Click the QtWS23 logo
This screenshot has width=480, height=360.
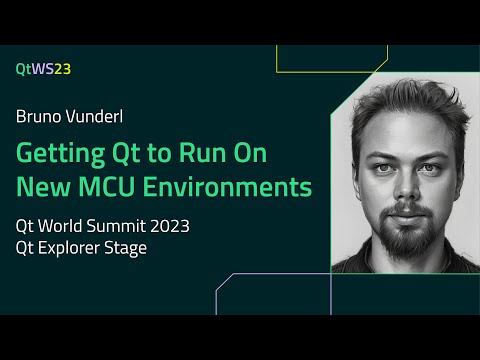point(43,69)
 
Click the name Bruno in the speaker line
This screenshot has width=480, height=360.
point(39,116)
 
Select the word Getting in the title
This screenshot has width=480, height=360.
point(58,154)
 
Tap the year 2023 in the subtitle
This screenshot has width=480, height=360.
point(165,225)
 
